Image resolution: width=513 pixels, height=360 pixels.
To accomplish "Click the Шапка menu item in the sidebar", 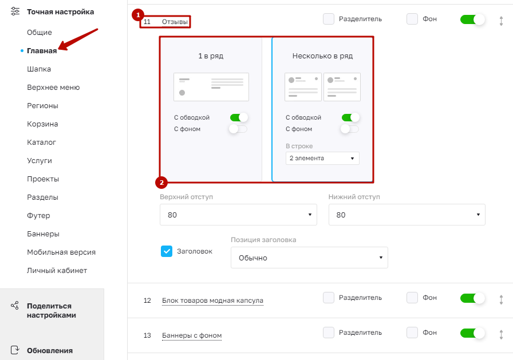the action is point(39,69).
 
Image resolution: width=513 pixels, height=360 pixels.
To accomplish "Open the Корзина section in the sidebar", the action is point(42,124).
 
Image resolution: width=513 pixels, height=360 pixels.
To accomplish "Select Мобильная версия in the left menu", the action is point(61,252).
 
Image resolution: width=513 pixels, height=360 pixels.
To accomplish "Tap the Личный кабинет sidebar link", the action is point(57,270).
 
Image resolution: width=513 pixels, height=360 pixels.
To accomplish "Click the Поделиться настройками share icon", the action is point(15,306).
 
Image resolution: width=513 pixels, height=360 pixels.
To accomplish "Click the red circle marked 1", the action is point(138,15).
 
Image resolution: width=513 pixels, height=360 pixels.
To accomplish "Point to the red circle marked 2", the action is point(161,183).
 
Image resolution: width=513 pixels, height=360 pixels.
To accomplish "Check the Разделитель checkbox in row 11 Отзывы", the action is point(329,19).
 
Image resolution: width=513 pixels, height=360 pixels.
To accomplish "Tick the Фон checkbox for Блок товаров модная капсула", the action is point(412,298).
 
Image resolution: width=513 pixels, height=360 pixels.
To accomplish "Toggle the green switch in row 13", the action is point(472,333).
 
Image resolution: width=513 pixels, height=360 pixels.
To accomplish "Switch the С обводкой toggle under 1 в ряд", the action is point(239,117).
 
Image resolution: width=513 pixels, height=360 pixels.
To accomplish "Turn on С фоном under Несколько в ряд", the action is point(350,129).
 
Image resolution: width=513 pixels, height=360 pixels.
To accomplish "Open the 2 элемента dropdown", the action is point(322,159).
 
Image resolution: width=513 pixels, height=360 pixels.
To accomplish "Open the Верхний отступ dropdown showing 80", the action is point(238,215).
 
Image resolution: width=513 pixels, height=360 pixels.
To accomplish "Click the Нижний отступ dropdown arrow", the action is point(478,215).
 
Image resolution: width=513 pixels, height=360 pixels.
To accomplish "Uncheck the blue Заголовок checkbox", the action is point(167,251).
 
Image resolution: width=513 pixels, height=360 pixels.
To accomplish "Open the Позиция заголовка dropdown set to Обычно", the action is point(309,258).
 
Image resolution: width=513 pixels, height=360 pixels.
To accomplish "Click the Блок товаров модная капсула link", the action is point(212,300).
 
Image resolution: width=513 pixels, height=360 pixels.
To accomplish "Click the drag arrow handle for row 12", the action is point(501,299).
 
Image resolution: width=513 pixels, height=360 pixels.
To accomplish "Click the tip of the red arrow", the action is point(59,50).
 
